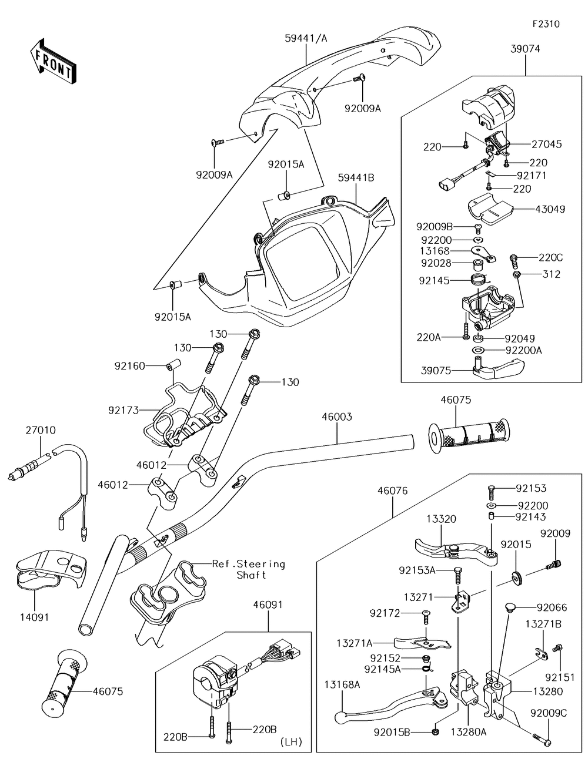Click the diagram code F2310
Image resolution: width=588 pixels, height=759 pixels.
[x=546, y=24]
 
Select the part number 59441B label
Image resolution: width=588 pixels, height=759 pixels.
[x=356, y=177]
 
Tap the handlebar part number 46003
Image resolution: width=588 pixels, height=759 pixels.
[x=337, y=417]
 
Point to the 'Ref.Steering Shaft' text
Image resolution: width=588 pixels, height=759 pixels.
[x=249, y=569]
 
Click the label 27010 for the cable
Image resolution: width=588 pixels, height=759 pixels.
[x=40, y=430]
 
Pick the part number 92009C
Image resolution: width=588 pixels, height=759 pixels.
[x=548, y=713]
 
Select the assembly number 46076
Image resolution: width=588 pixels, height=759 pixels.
[x=393, y=491]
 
